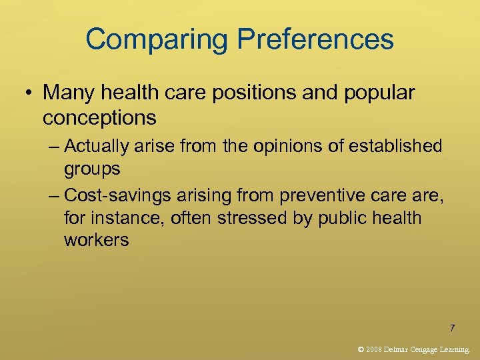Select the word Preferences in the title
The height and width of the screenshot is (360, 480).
coord(316,40)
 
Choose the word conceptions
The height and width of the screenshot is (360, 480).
coord(99,118)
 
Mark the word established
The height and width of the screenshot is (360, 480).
coord(394,145)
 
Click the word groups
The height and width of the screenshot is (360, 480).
coord(92,169)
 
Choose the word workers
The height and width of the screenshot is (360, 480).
coord(96,240)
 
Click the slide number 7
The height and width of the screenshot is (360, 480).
coord(453,328)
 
